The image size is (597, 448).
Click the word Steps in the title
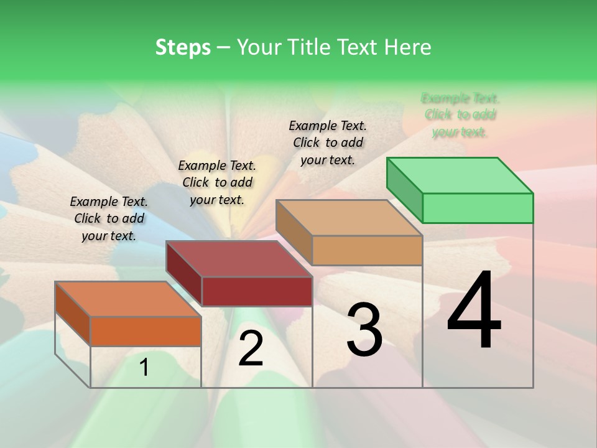pos(183,47)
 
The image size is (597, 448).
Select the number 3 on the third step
pos(364,330)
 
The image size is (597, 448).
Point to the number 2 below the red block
pos(251,348)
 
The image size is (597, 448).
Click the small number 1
pos(144,368)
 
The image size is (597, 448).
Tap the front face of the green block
pos(478,208)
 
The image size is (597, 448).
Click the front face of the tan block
pos(367,250)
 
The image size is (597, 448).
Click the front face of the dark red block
pos(257,291)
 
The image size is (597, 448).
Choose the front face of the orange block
pos(146,331)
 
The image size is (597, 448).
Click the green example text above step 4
pos(460,115)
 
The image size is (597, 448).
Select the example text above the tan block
pos(328,142)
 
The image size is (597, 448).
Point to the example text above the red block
pos(217,182)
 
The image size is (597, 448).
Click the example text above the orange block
pos(109,218)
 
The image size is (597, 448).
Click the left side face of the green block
pos(405,189)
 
